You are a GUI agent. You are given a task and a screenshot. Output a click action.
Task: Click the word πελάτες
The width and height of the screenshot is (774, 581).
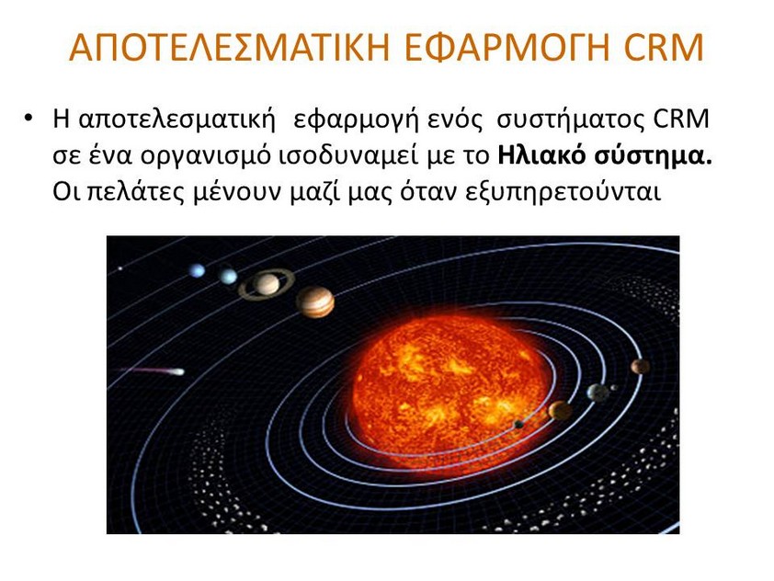[x=136, y=193]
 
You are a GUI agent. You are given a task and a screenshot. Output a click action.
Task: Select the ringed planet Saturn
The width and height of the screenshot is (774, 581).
[x=267, y=284]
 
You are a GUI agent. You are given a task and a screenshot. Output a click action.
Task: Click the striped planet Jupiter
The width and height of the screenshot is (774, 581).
[x=315, y=302]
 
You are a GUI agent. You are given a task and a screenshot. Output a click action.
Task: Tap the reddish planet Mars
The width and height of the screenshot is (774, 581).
[x=640, y=366]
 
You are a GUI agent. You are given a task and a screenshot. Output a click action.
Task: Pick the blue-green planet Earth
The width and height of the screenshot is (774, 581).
[x=598, y=393]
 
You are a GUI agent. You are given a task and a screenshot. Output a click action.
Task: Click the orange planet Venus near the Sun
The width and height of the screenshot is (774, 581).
[x=560, y=411]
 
